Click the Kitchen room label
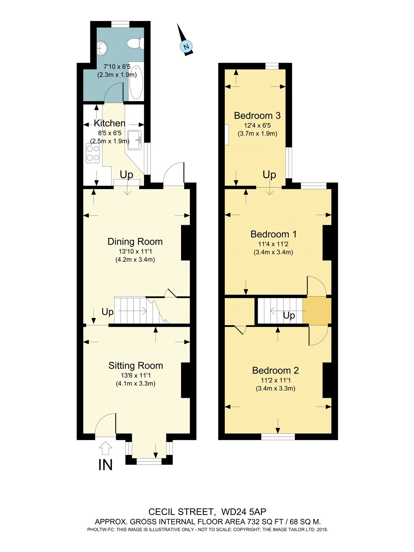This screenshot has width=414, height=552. point(109,123)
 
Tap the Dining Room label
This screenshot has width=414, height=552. point(135,242)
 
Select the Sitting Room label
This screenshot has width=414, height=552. point(135,366)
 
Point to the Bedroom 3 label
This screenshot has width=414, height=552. point(257,116)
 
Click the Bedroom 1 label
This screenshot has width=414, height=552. point(273,234)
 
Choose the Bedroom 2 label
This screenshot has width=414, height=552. point(276,371)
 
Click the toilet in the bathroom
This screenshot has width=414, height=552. point(135,43)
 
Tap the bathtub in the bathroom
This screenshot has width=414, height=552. point(136,82)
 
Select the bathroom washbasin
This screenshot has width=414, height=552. point(102,47)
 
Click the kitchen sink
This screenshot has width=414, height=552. point(135,140)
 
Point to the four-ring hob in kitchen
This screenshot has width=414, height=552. point(93,153)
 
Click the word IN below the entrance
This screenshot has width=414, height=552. point(105,465)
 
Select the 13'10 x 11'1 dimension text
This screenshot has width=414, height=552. point(135,251)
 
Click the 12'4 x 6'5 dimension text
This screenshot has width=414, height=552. point(257,125)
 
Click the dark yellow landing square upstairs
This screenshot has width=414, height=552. point(317,311)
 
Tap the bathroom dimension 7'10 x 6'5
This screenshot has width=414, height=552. point(117,67)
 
